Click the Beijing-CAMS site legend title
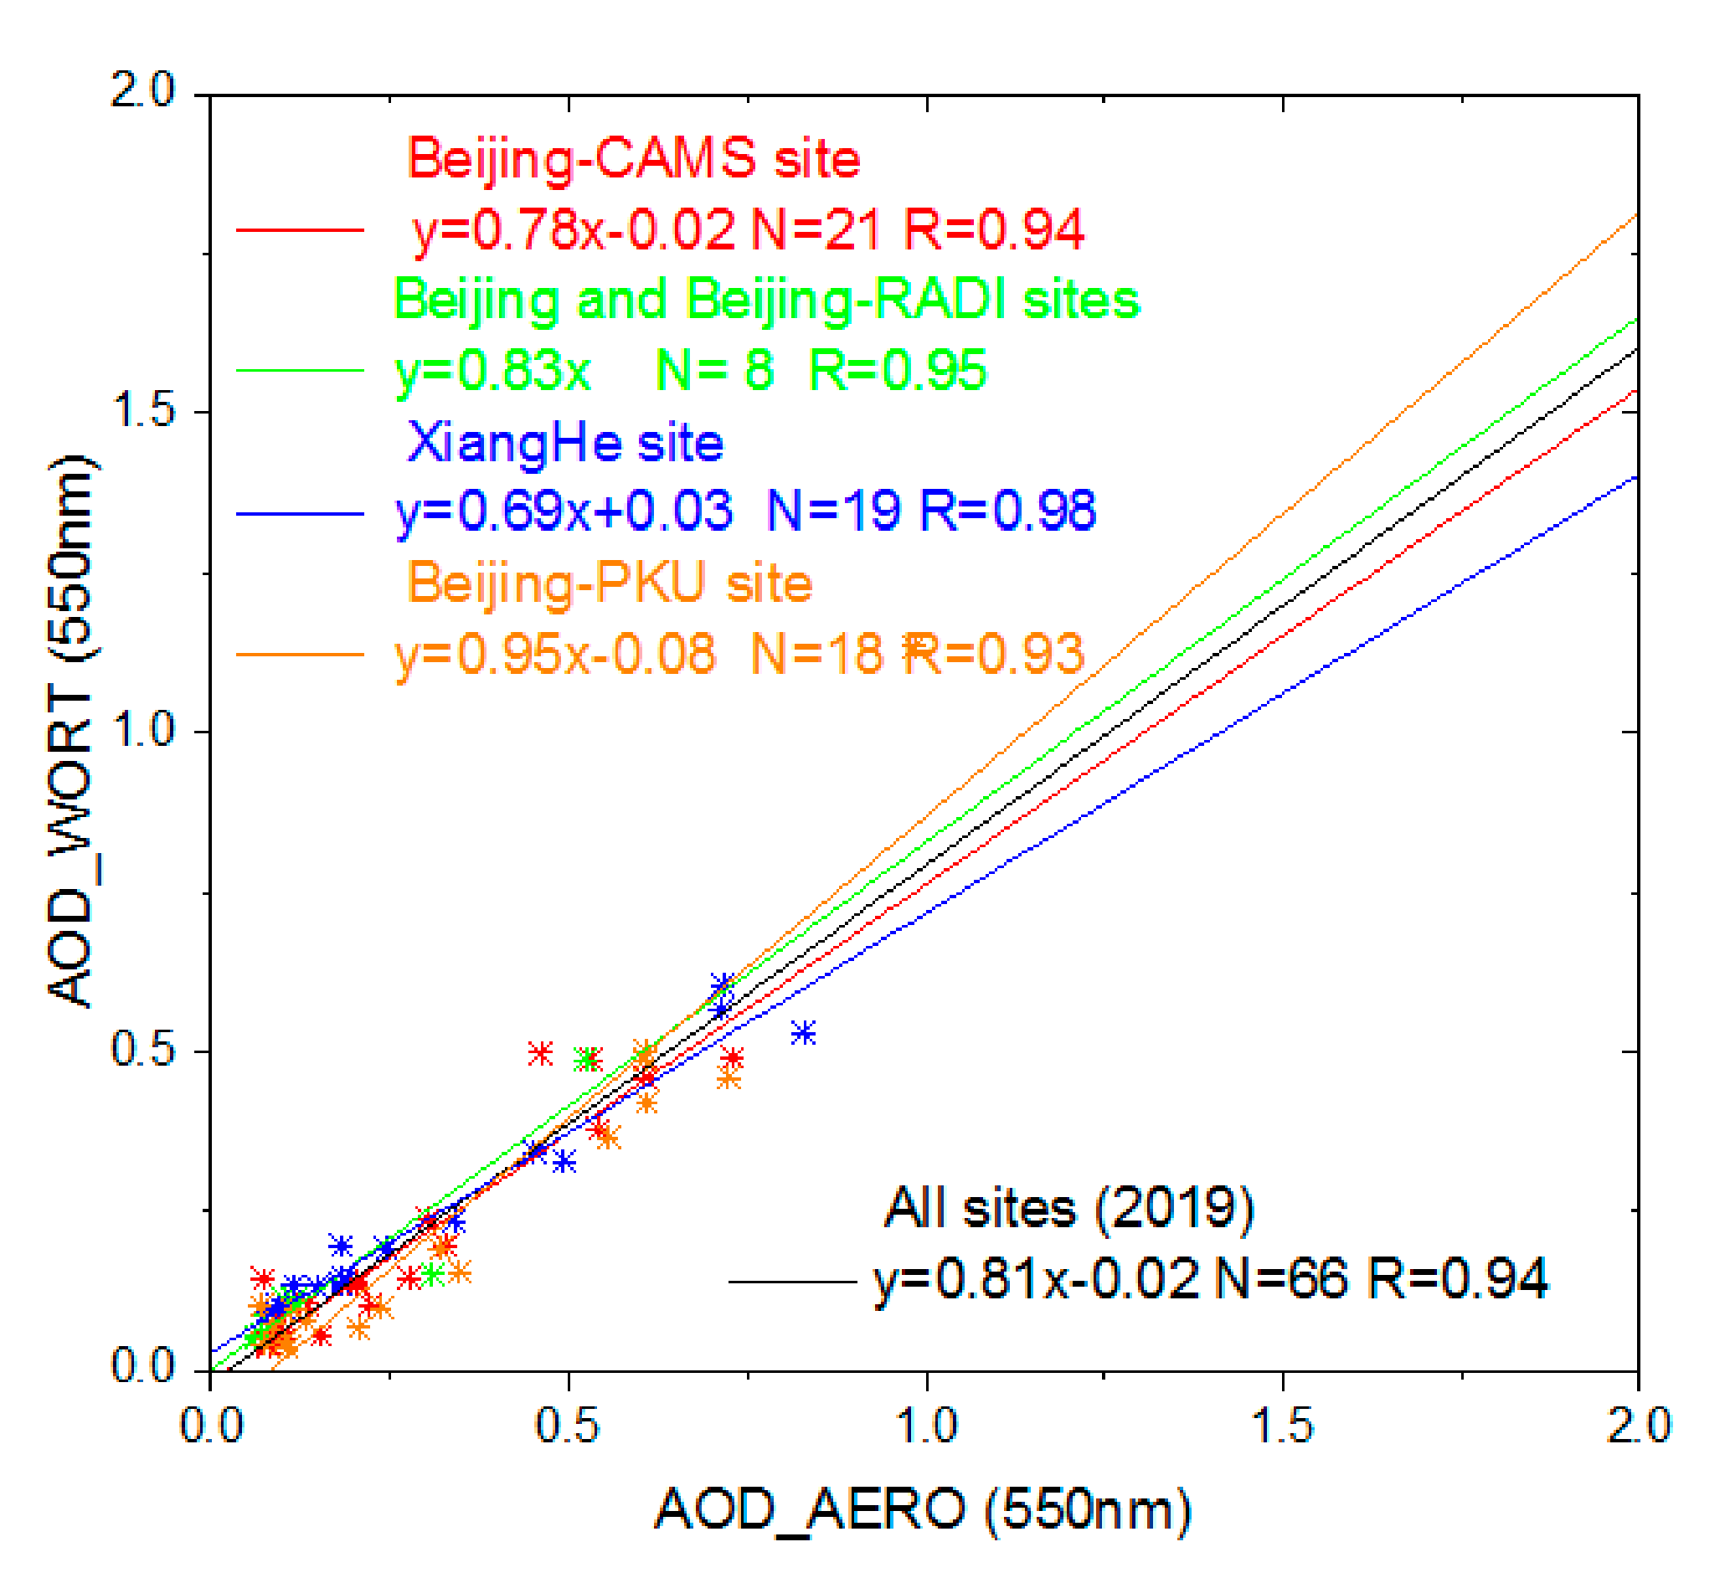[633, 159]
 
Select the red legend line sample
[300, 230]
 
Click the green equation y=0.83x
[492, 371]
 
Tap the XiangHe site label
[564, 444]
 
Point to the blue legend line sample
[300, 514]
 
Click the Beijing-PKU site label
[610, 583]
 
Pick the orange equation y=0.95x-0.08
[554, 654]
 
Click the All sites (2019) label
[1068, 1208]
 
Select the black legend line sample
[791, 1282]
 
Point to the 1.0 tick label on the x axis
[926, 1426]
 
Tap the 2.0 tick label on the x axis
[1637, 1426]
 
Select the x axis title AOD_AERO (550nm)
[923, 1509]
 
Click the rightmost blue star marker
[803, 1033]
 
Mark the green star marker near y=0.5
[586, 1061]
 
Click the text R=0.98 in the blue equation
[1007, 511]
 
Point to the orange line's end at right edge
[1635, 216]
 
